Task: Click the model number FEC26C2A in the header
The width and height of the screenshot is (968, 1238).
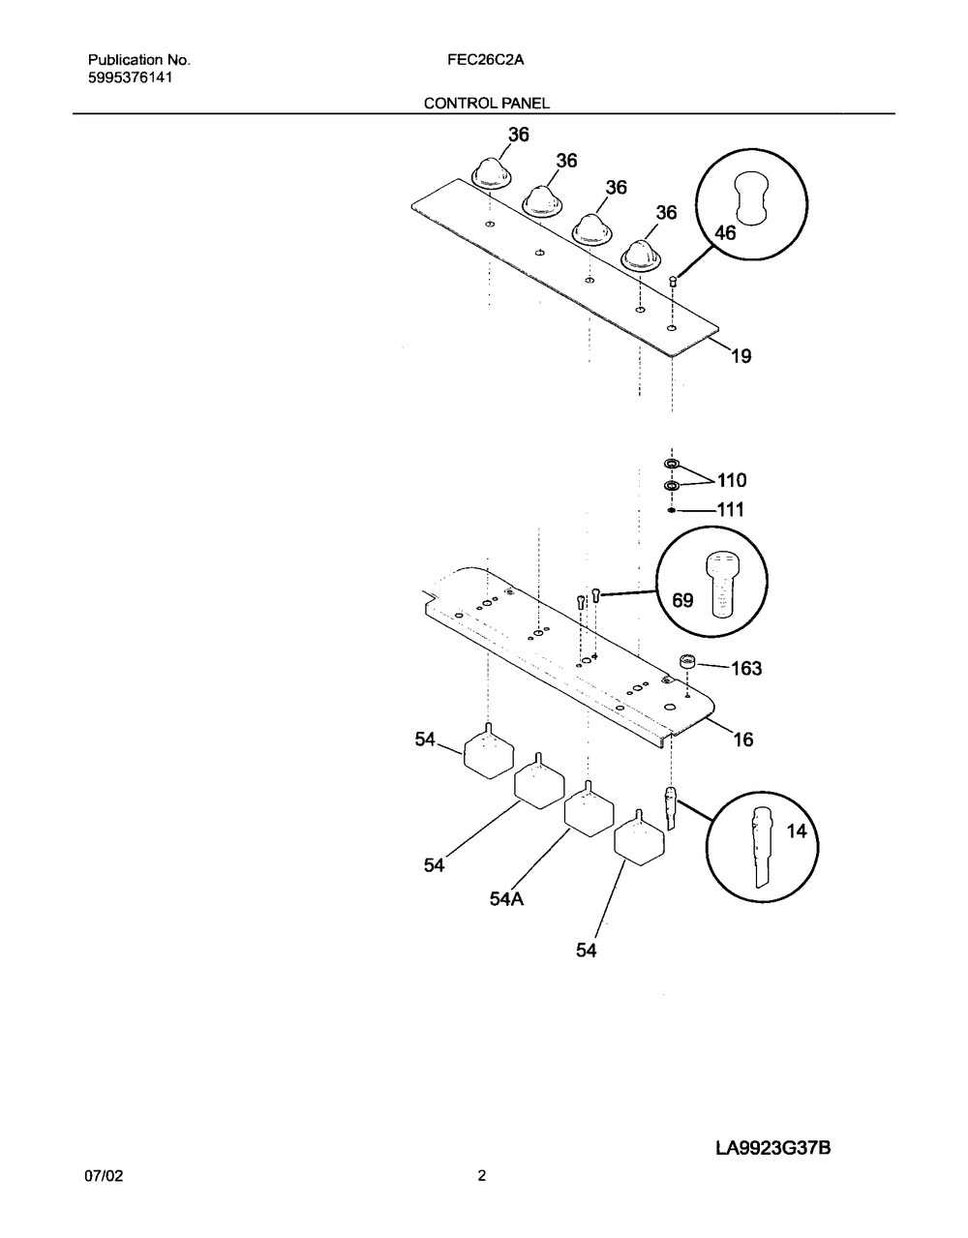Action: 485,60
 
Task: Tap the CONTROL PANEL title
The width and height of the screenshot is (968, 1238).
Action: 487,104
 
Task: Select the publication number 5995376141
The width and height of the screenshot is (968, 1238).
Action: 130,77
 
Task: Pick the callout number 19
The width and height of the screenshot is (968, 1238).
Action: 741,356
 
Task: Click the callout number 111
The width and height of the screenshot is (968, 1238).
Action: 731,509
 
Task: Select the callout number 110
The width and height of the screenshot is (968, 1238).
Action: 732,480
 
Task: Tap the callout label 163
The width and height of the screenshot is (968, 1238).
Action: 746,668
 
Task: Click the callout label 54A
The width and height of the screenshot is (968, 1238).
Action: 506,899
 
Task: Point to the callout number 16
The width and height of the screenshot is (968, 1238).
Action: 743,740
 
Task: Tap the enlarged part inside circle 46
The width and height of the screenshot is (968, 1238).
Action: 751,196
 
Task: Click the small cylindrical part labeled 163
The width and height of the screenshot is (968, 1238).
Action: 687,663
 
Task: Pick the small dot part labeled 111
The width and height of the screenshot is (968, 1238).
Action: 672,510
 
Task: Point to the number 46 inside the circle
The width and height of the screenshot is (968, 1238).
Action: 725,232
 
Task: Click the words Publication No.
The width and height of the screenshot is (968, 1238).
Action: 139,60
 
